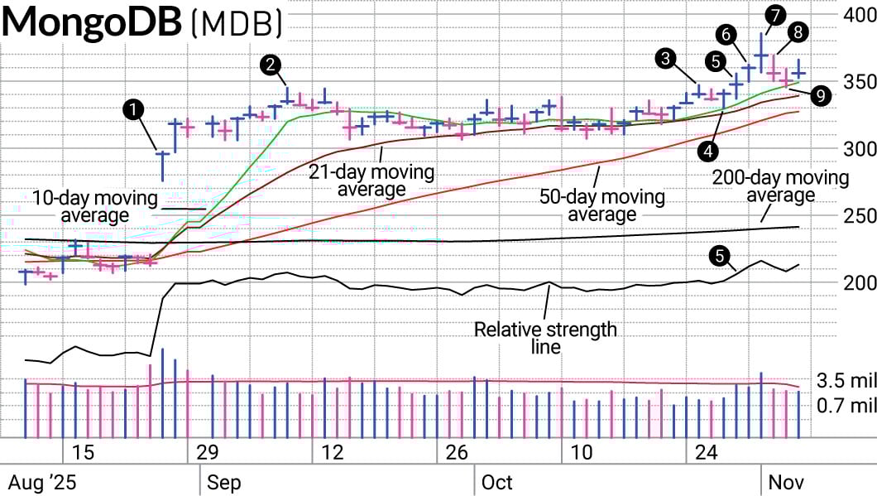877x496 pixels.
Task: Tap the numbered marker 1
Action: pos(132,109)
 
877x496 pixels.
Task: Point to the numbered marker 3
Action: pos(666,58)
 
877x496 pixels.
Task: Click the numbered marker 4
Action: pos(707,150)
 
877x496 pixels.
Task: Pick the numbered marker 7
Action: pos(775,15)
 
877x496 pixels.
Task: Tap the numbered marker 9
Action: pos(821,96)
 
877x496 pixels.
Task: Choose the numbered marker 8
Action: pos(798,32)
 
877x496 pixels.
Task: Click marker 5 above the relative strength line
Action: pos(721,256)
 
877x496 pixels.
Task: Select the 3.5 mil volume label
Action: pos(846,381)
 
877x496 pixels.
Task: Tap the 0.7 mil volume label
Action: pos(846,406)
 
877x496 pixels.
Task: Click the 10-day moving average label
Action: pos(95,206)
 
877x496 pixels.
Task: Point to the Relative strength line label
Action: pos(545,338)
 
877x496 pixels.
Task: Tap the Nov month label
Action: pos(785,482)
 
